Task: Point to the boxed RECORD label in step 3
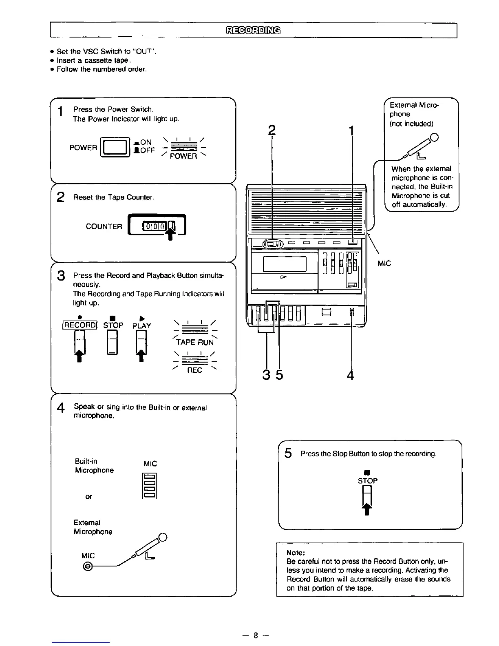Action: pyautogui.click(x=79, y=325)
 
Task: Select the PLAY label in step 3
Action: pyautogui.click(x=141, y=325)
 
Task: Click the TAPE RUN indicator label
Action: pyautogui.click(x=194, y=342)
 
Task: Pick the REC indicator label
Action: pyautogui.click(x=194, y=370)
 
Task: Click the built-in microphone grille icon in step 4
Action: pyautogui.click(x=150, y=486)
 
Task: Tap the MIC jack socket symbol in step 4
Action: pyautogui.click(x=88, y=566)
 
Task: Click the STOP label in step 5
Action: pyautogui.click(x=368, y=481)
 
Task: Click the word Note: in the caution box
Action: pyautogui.click(x=296, y=553)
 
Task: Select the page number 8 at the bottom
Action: pyautogui.click(x=255, y=635)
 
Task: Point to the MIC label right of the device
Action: pyautogui.click(x=384, y=263)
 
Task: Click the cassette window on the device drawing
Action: pyautogui.click(x=285, y=264)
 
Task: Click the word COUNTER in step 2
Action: pyautogui.click(x=104, y=227)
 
